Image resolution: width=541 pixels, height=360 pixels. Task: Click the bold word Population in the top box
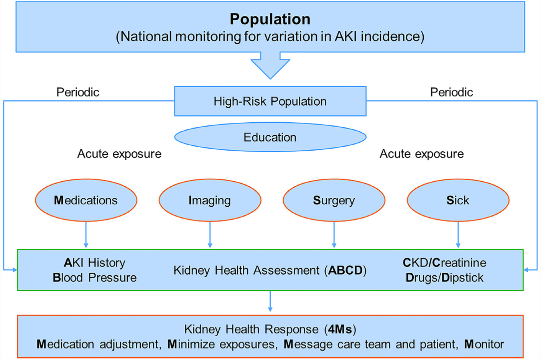270,19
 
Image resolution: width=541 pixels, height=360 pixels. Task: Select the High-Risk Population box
270,101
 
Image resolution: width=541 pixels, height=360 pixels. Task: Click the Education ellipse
270,137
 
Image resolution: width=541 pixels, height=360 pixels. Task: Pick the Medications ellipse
86,200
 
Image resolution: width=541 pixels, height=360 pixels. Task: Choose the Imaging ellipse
210,200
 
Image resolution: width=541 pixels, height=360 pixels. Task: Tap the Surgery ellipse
334,200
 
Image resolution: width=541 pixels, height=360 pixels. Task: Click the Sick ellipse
458,200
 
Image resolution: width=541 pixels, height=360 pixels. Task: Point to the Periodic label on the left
78,92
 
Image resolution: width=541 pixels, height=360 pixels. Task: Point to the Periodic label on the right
451,92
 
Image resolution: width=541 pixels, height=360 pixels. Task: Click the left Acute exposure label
119,154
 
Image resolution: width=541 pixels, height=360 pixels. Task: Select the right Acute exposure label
421,154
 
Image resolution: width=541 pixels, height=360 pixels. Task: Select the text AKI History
95,263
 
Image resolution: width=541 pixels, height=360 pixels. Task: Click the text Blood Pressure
95,278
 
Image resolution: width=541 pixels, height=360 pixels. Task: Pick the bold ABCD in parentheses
345,270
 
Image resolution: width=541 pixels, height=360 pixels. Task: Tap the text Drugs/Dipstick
444,278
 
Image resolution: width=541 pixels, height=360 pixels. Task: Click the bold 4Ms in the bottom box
340,329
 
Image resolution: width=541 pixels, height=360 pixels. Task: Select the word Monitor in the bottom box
484,344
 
